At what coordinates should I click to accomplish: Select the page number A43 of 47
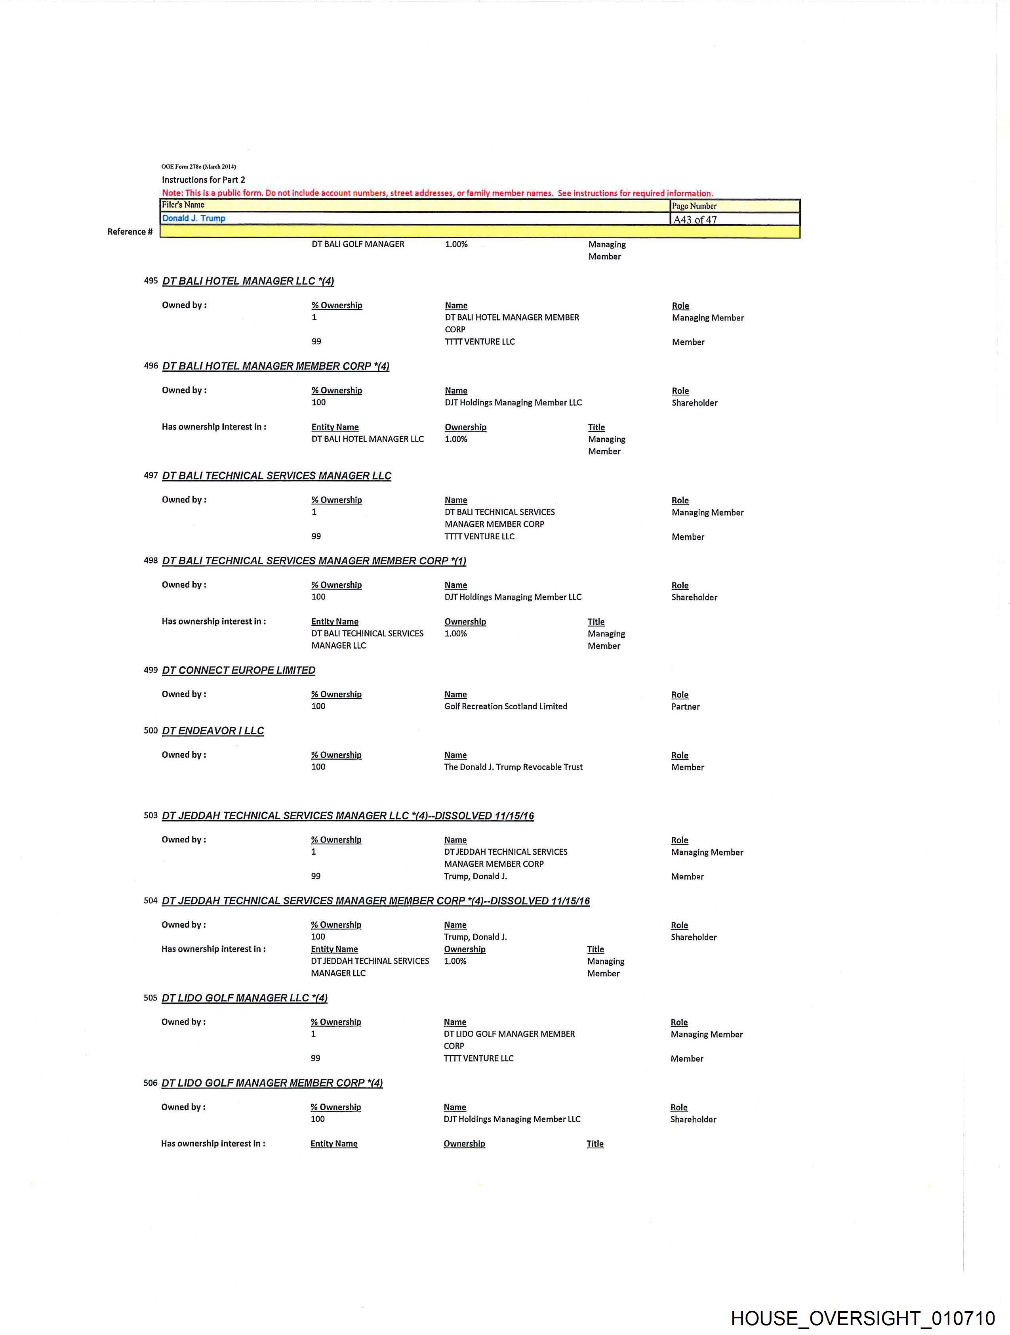pyautogui.click(x=695, y=220)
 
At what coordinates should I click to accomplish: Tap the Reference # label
pyautogui.click(x=130, y=232)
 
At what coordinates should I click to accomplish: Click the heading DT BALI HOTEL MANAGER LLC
pyautogui.click(x=248, y=281)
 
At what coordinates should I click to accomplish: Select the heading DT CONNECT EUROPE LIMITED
pyautogui.click(x=238, y=670)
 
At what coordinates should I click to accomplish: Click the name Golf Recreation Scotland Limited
pyautogui.click(x=506, y=706)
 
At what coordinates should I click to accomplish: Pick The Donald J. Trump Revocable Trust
pyautogui.click(x=513, y=767)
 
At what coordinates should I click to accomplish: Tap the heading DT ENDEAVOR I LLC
pyautogui.click(x=213, y=731)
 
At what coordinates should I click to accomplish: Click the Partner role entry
pyautogui.click(x=685, y=707)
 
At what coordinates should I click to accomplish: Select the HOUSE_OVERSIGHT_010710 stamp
pyautogui.click(x=863, y=1318)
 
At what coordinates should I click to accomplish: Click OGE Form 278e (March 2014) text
pyautogui.click(x=198, y=166)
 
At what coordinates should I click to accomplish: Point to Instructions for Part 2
pyautogui.click(x=203, y=180)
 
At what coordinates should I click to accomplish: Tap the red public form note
pyautogui.click(x=437, y=193)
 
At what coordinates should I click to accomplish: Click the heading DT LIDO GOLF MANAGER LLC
pyautogui.click(x=244, y=998)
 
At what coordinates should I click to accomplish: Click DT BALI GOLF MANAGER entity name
pyautogui.click(x=358, y=244)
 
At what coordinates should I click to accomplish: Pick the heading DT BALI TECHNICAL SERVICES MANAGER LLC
pyautogui.click(x=276, y=476)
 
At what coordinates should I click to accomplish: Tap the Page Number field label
pyautogui.click(x=694, y=206)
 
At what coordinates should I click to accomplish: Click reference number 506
pyautogui.click(x=150, y=1083)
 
